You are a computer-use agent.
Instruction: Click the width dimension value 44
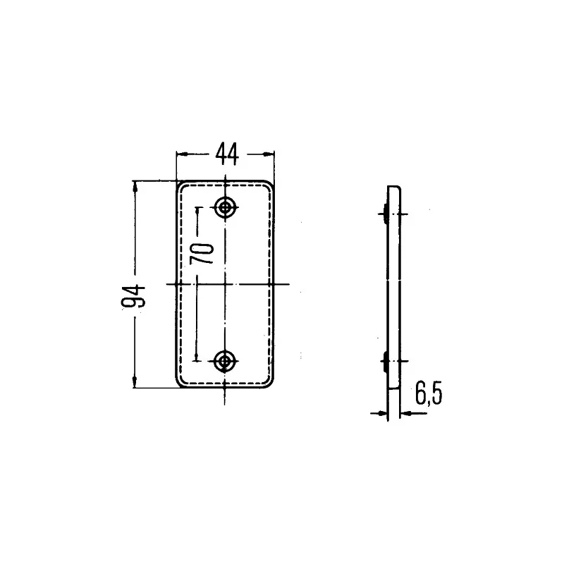point(226,153)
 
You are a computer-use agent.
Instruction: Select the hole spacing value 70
point(204,252)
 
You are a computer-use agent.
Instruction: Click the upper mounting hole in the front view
point(226,207)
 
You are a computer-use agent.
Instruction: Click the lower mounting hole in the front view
point(226,362)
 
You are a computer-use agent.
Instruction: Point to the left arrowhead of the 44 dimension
point(180,153)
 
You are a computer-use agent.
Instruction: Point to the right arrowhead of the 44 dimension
point(269,153)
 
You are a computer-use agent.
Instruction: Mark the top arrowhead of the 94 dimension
point(135,185)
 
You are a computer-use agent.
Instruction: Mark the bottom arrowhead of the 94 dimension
point(135,384)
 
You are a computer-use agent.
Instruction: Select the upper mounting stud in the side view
point(384,210)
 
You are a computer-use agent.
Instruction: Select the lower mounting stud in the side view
point(384,361)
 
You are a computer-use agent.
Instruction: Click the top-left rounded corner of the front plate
point(180,185)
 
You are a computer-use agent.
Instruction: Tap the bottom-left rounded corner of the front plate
point(180,384)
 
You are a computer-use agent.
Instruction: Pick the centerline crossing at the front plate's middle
point(226,283)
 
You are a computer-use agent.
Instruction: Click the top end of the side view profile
point(393,188)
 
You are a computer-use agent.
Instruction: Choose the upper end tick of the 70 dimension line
point(197,207)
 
